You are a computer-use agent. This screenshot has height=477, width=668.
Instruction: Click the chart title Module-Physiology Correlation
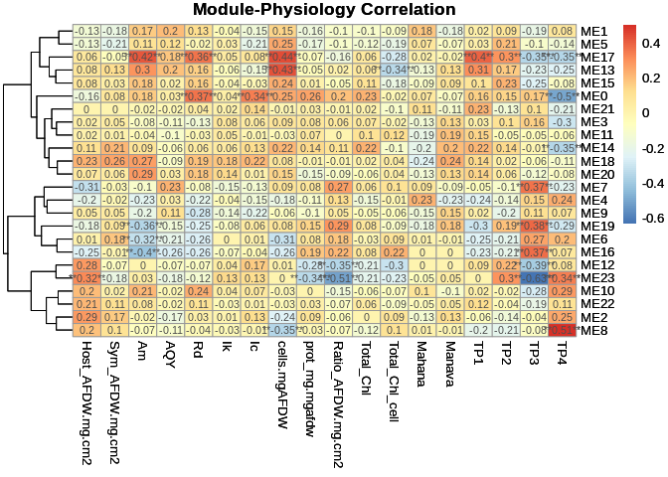[x=333, y=11]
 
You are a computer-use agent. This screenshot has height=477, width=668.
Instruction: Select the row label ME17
[x=595, y=58]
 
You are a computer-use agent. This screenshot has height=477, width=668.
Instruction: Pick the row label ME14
[x=595, y=148]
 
